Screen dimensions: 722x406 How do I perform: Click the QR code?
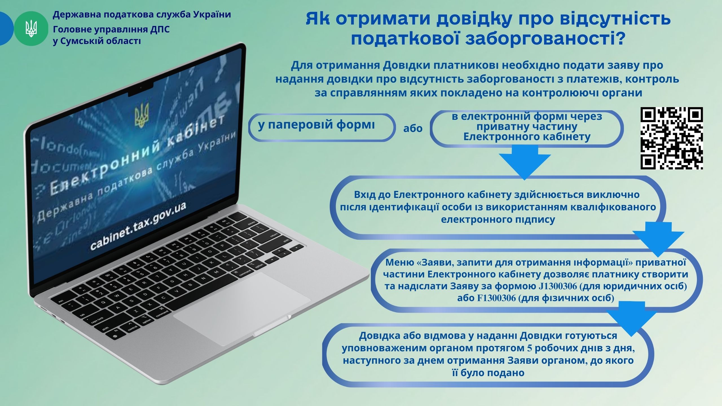(672, 138)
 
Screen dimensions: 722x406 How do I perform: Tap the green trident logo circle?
(31, 28)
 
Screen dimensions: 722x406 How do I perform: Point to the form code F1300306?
(496, 298)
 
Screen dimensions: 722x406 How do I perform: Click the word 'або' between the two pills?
(413, 128)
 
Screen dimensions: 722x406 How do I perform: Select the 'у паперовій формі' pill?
(322, 127)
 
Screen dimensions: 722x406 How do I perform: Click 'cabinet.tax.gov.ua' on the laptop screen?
(138, 226)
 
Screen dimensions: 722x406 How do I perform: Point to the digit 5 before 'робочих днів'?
(530, 348)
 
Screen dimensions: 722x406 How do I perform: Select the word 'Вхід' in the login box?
(364, 195)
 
